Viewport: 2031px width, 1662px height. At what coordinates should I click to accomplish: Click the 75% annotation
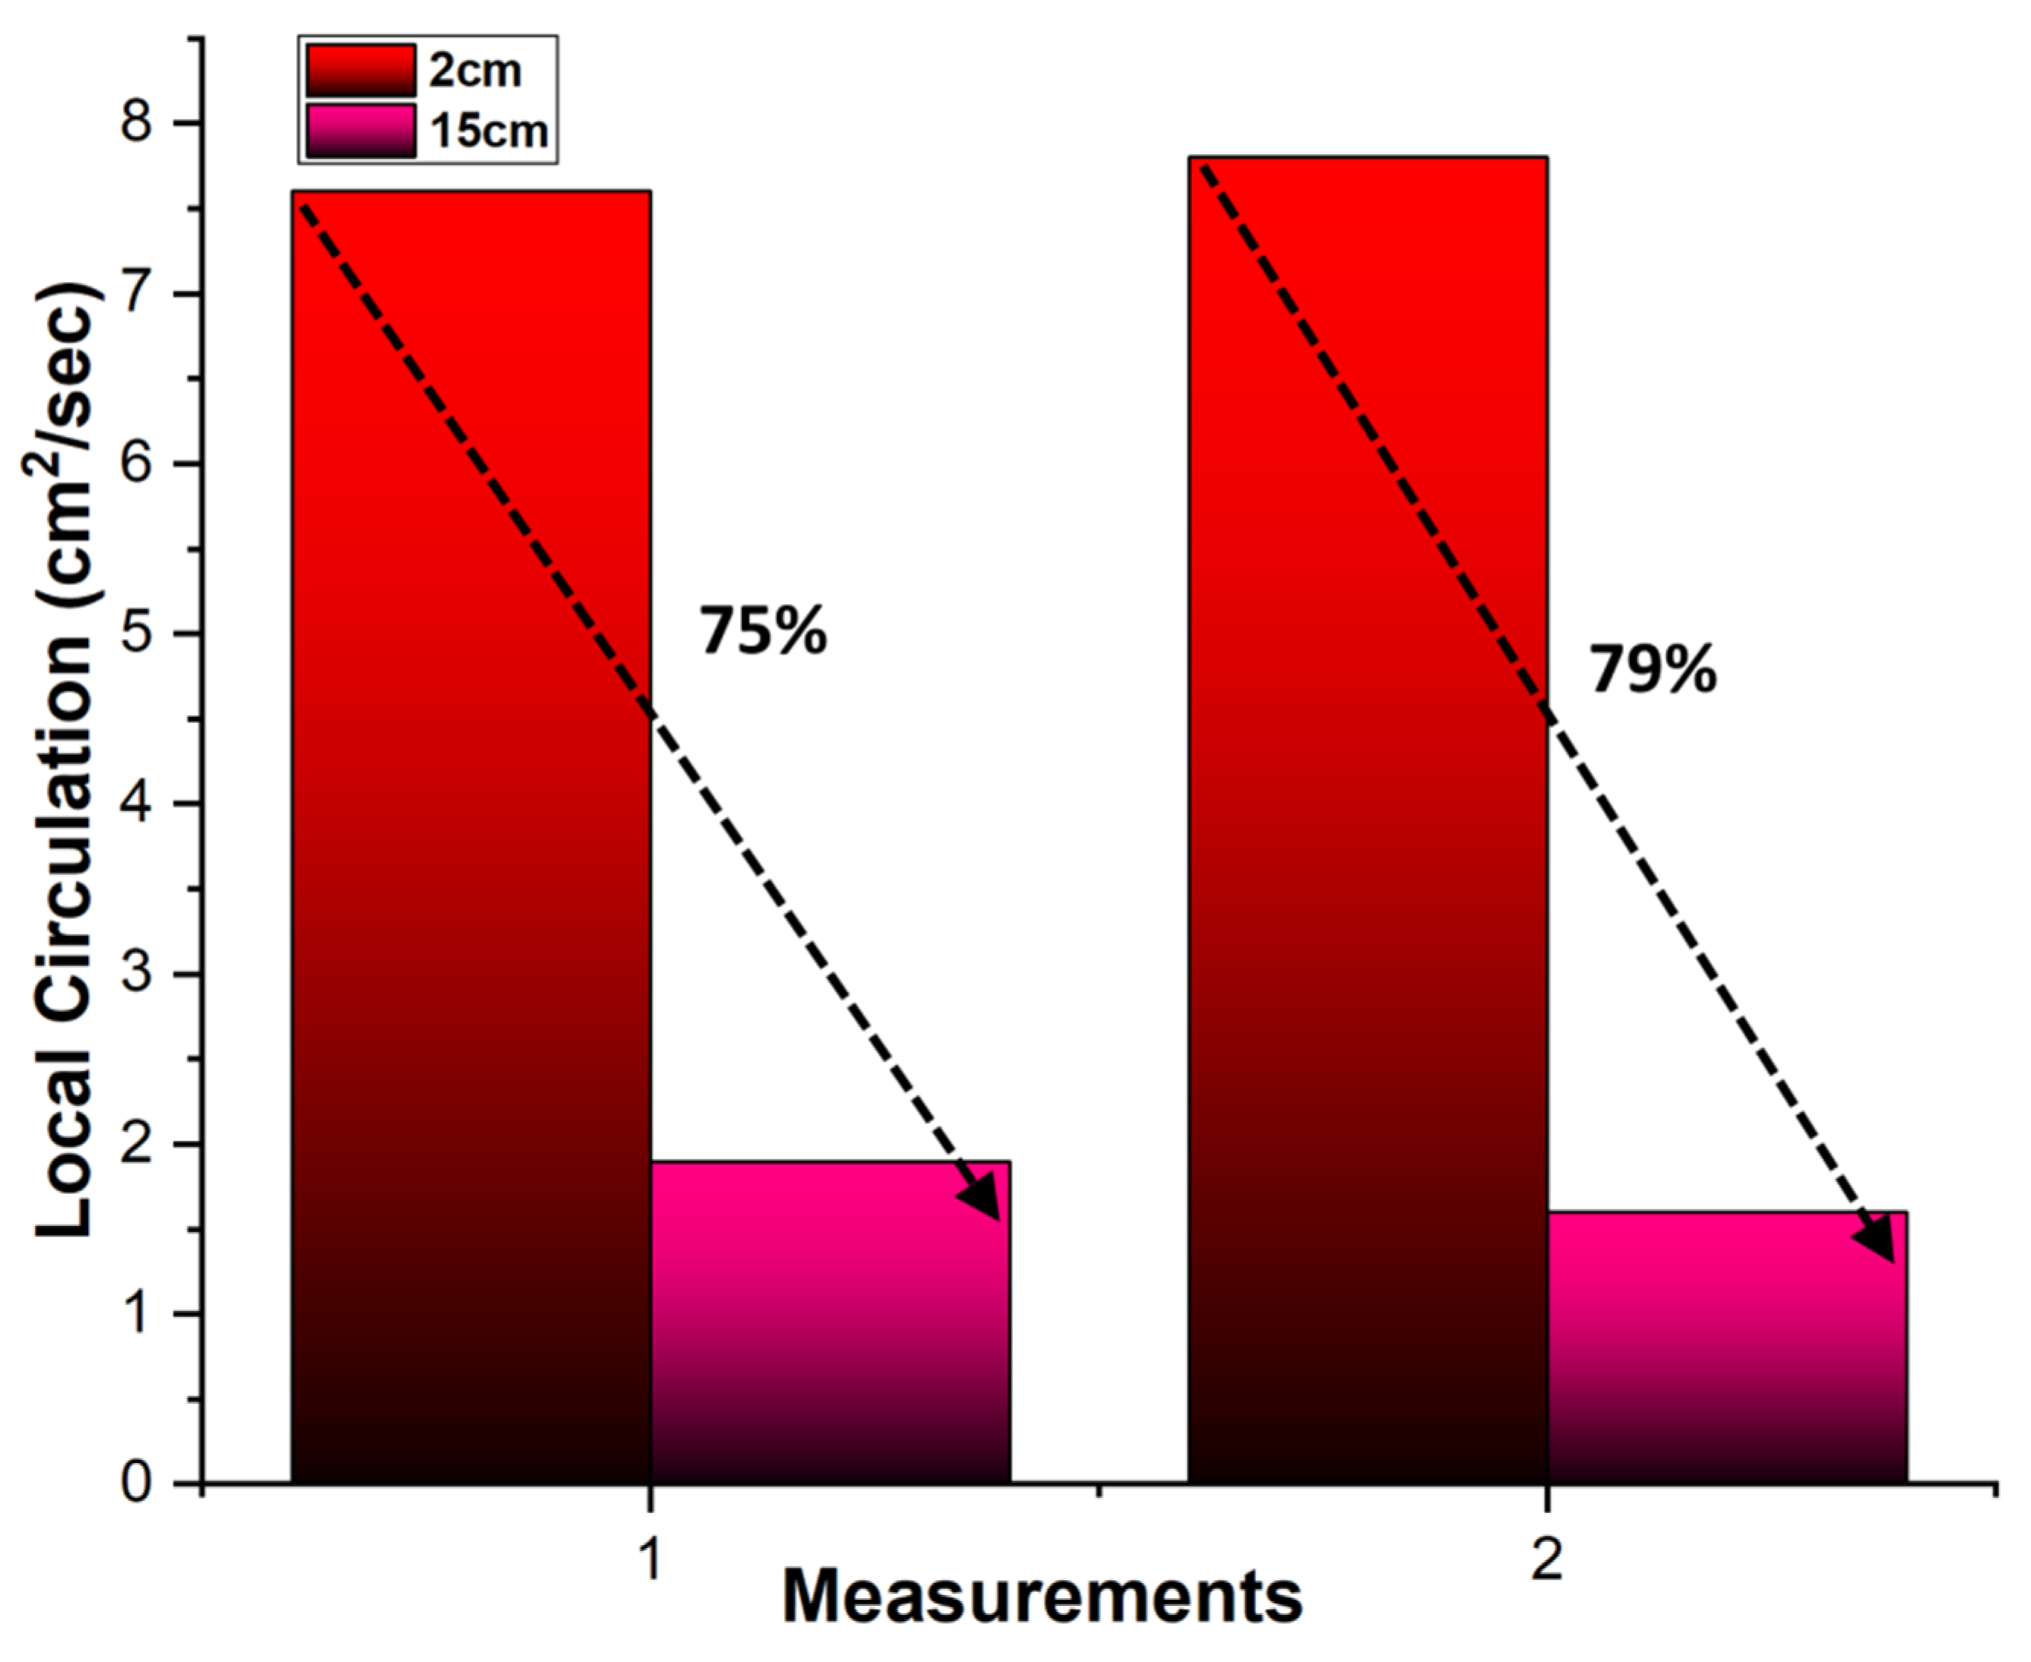[762, 632]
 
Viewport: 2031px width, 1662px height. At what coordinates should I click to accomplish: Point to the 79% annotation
[1653, 669]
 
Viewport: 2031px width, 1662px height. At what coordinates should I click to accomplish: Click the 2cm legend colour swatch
[361, 71]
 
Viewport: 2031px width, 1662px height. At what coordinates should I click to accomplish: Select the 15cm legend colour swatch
[361, 130]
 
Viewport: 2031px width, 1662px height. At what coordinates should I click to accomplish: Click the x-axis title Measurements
[1042, 1597]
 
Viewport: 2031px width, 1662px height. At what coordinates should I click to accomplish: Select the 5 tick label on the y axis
[137, 634]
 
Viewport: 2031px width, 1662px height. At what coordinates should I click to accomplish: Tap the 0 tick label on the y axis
[137, 1483]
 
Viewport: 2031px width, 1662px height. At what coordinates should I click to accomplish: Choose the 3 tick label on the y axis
[137, 974]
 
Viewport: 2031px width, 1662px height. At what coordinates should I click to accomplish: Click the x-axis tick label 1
[650, 1560]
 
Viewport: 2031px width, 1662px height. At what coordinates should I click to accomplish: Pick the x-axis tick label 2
[1546, 1560]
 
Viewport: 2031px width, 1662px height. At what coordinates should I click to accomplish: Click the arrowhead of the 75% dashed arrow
[983, 1202]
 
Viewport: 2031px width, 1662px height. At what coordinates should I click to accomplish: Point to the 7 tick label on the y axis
[137, 294]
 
